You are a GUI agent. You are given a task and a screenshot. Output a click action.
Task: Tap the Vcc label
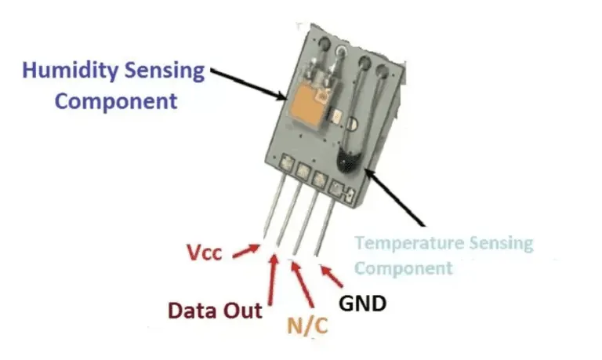coord(205,253)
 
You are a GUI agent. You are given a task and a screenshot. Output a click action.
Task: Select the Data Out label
coord(215,310)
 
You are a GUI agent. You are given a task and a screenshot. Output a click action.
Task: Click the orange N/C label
coord(307,325)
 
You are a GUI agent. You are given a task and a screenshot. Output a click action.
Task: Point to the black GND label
coord(362,304)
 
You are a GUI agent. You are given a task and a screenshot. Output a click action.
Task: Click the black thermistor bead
coord(348,162)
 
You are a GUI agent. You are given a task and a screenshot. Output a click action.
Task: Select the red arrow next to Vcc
coord(246,251)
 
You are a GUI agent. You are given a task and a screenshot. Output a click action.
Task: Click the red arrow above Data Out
coord(272,279)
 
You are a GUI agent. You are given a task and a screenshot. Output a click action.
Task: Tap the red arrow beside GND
coord(332,276)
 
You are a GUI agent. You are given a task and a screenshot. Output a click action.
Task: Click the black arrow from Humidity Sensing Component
coord(248,84)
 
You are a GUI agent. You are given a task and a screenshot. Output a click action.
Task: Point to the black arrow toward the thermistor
coord(394,197)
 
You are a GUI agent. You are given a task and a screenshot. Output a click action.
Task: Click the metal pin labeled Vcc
coord(274,205)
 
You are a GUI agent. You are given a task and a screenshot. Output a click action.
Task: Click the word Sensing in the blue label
coord(165,72)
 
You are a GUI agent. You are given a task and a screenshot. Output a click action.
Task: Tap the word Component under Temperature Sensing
coord(404,267)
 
